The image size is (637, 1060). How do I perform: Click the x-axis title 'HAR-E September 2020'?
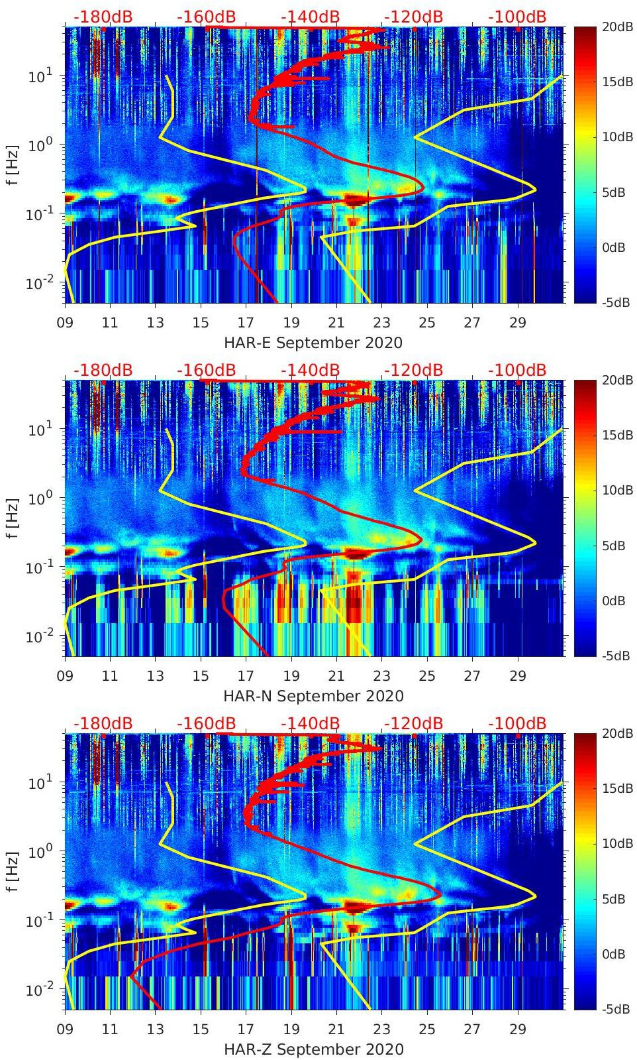313,343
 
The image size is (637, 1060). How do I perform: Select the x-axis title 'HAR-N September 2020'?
313,696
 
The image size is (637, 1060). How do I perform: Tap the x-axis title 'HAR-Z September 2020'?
313,1049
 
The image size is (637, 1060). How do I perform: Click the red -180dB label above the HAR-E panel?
103,17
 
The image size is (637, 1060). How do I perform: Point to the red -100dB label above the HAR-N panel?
517,370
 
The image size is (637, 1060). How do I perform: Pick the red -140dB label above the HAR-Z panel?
310,723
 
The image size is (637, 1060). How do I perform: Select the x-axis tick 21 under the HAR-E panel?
336,324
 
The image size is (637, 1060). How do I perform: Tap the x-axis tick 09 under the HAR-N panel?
65,677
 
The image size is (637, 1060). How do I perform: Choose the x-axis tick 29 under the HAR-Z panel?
518,1030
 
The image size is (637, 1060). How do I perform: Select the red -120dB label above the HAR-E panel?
413,17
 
